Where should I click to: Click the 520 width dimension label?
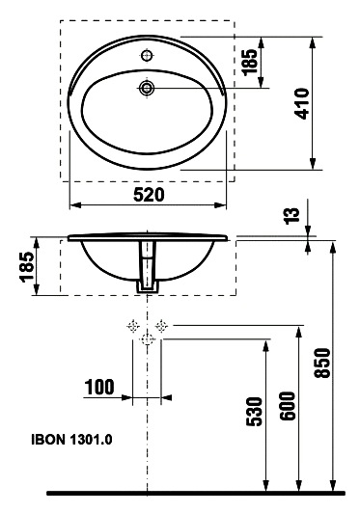pyautogui.click(x=149, y=195)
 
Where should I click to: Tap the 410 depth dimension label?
pyautogui.click(x=302, y=103)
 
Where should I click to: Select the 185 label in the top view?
pyautogui.click(x=250, y=62)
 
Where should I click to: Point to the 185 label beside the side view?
pyautogui.click(x=26, y=266)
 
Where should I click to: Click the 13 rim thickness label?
pyautogui.click(x=291, y=216)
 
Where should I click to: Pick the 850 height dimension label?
pyautogui.click(x=322, y=364)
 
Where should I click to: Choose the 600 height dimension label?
pyautogui.click(x=288, y=406)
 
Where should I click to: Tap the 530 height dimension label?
pyautogui.click(x=255, y=412)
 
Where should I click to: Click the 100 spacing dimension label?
pyautogui.click(x=99, y=387)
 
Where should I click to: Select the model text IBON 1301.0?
pyautogui.click(x=71, y=440)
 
